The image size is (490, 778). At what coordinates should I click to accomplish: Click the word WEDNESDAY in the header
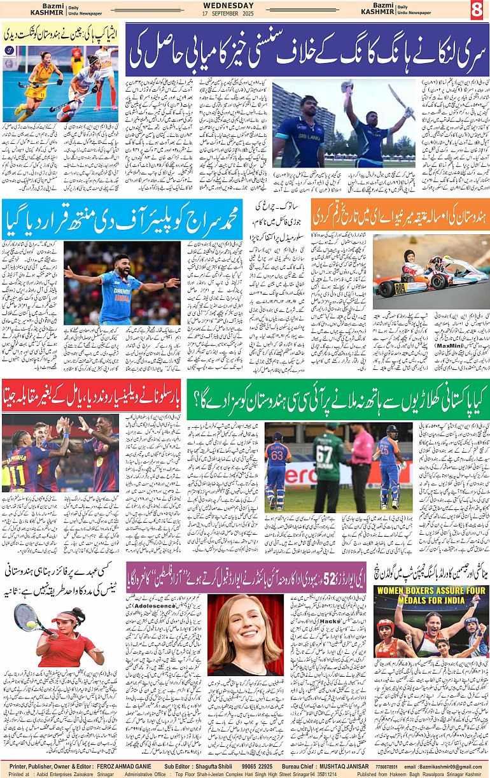(244, 5)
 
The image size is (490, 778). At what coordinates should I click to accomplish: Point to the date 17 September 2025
(244, 14)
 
